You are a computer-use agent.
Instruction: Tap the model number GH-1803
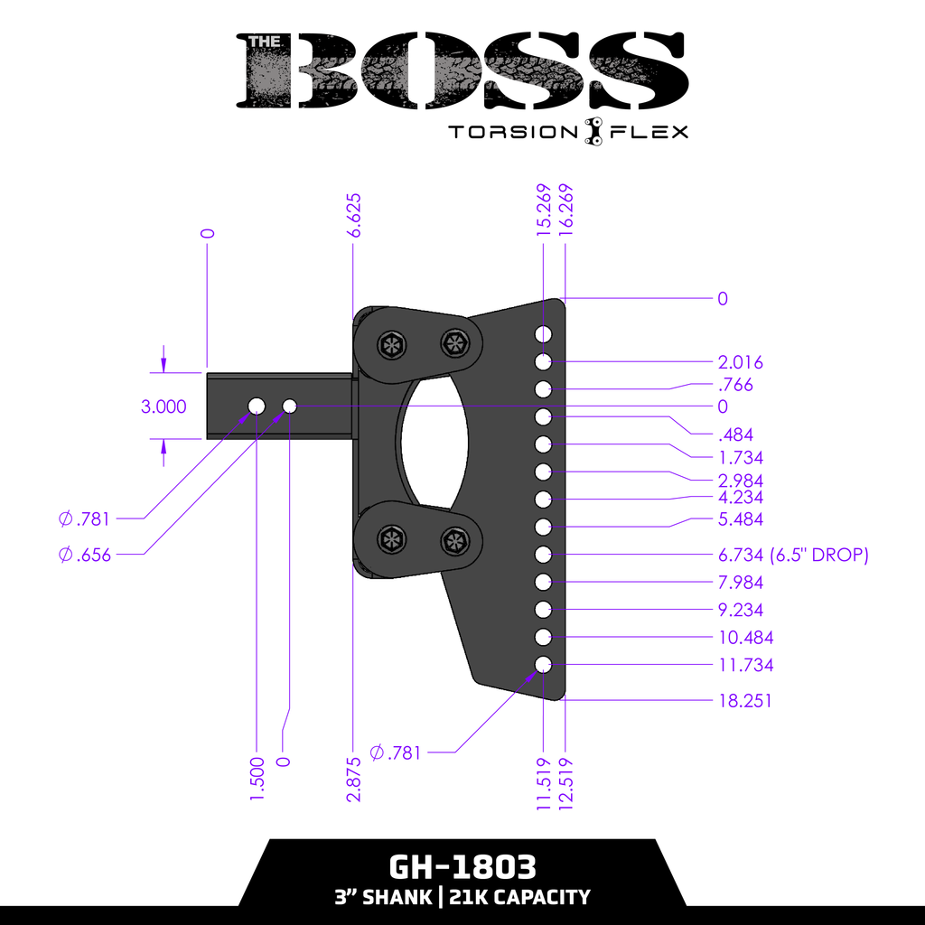click(x=462, y=867)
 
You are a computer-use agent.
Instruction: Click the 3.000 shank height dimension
click(x=164, y=406)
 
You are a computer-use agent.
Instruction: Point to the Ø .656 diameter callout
click(x=84, y=555)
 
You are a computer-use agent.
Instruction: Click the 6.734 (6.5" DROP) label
click(x=792, y=555)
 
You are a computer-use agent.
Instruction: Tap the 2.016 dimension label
click(x=740, y=363)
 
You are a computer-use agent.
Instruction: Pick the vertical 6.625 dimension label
click(x=354, y=215)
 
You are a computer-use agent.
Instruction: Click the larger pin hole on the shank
click(x=257, y=406)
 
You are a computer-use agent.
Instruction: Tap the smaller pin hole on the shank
click(x=290, y=406)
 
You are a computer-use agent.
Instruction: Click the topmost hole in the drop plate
click(x=543, y=335)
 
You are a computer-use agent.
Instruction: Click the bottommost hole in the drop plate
click(x=543, y=665)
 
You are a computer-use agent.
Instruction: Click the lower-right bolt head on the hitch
click(x=453, y=541)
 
